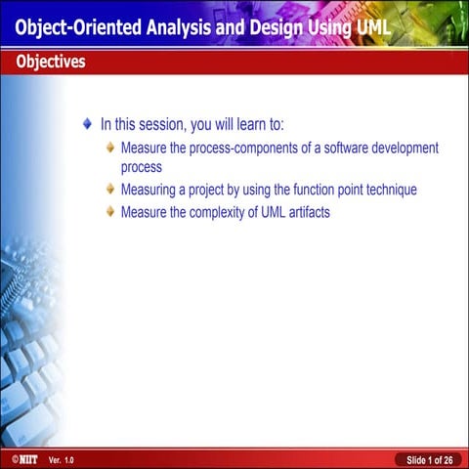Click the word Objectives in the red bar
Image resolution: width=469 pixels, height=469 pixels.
pyautogui.click(x=50, y=63)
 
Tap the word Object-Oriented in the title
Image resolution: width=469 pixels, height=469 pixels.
pyautogui.click(x=83, y=27)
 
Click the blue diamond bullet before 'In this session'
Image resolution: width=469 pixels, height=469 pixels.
pyautogui.click(x=89, y=125)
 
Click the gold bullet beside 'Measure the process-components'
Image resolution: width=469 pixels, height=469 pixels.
pyautogui.click(x=110, y=149)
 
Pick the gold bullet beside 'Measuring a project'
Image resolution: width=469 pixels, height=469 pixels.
pyautogui.click(x=110, y=190)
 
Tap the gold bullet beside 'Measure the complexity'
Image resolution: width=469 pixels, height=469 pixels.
pyautogui.click(x=110, y=211)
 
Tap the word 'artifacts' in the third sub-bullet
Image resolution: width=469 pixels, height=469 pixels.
pyautogui.click(x=305, y=211)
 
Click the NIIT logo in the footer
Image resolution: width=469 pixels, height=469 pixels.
pyautogui.click(x=19, y=458)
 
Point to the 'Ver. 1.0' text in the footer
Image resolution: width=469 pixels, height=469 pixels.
pyautogui.click(x=61, y=459)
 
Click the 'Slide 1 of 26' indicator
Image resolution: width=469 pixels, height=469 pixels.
pyautogui.click(x=429, y=459)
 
